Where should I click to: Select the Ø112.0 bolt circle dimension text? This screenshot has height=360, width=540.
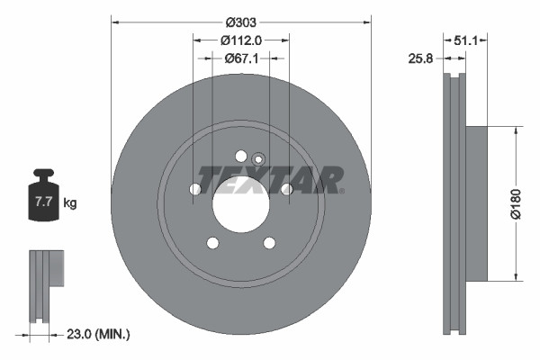240,40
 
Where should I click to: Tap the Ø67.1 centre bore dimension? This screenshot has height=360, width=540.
240,58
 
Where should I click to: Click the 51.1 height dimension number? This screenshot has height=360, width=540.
466,40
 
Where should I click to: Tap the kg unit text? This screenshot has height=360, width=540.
70,203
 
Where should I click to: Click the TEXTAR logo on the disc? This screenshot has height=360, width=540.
270,180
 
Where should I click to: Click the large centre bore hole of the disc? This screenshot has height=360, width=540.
240,203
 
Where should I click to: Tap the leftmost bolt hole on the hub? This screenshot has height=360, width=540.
195,189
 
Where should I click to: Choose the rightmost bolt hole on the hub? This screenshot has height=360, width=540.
286,189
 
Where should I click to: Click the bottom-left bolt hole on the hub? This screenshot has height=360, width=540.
212,242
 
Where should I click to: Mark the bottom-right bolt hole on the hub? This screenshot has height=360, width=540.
268,242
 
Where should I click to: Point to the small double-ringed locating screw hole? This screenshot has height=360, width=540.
258,159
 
